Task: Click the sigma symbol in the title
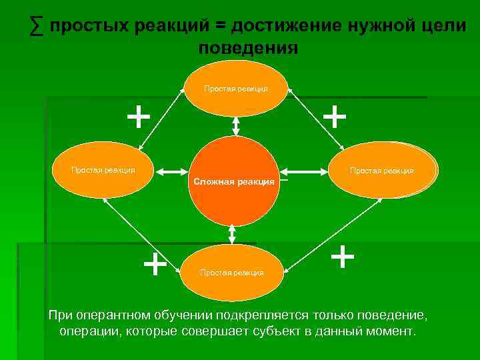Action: pos(37,26)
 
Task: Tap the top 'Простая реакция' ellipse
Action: pos(236,89)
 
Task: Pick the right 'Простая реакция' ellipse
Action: pos(383,171)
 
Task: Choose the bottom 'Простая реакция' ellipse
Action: pos(232,271)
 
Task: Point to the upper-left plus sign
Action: pos(138,117)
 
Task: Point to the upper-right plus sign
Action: pos(334,117)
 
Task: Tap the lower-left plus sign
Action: pos(155,264)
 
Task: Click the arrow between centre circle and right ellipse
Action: pos(305,171)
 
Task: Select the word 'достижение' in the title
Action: pos(286,26)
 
